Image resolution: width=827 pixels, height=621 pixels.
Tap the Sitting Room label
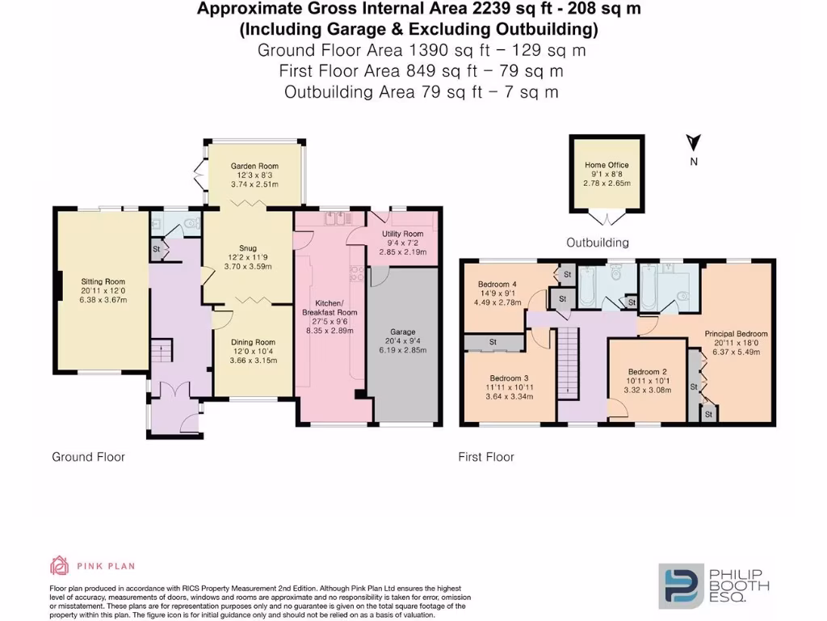103,282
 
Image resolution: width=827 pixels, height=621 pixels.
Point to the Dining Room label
254,342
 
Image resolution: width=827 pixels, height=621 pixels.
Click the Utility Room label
402,234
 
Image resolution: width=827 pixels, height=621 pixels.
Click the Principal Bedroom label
736,333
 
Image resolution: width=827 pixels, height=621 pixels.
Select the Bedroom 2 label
645,370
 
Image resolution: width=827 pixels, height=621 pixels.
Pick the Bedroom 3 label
509,378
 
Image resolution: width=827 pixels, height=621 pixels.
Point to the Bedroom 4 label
497,284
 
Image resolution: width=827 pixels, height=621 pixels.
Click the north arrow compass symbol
692,144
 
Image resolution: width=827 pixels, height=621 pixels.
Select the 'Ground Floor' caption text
89,457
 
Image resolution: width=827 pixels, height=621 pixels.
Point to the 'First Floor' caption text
486,457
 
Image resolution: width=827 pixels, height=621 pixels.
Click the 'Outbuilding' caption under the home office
598,243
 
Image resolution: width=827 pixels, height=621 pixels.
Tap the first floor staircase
569,364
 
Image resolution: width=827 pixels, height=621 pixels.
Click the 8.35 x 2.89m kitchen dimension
330,330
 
